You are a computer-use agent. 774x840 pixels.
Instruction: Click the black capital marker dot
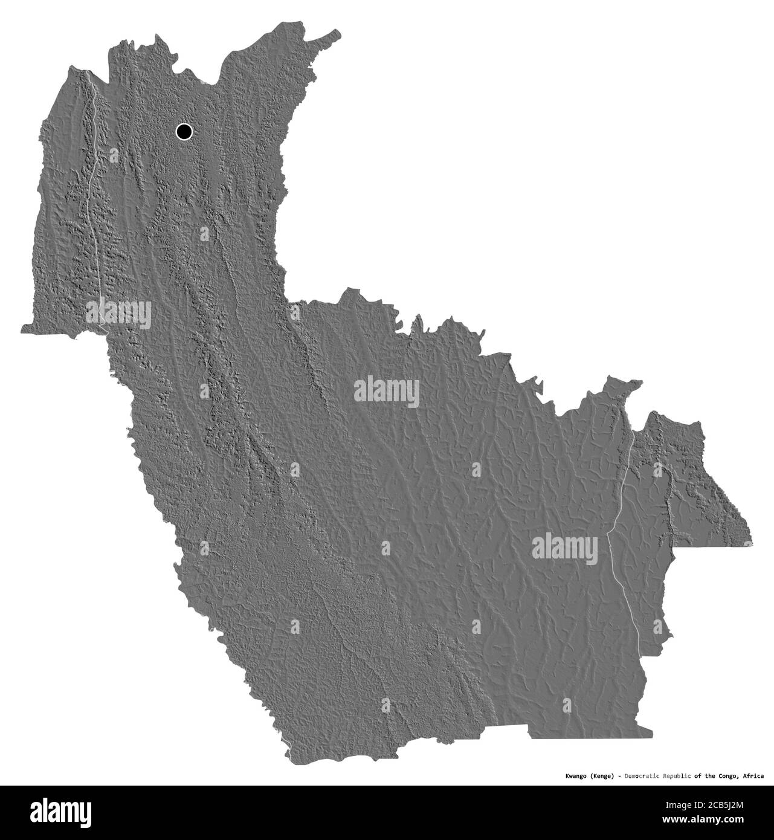pos(184,131)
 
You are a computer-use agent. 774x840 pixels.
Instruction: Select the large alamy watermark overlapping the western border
pos(118,314)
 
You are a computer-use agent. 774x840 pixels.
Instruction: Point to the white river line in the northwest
pos(95,181)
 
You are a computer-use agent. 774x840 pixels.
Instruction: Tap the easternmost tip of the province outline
pos(752,542)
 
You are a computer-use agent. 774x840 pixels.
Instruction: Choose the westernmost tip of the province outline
pos(22,330)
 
